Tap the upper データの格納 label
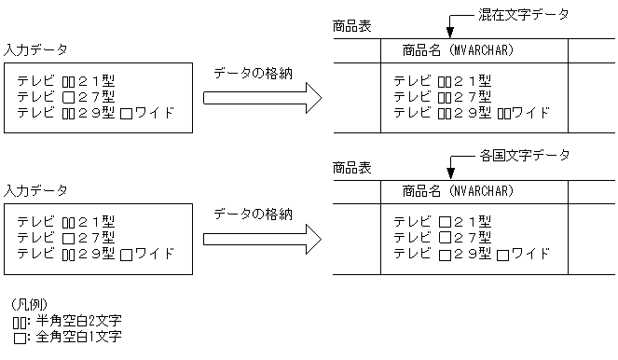click(254, 74)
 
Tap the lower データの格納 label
click(254, 215)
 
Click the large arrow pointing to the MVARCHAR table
click(262, 96)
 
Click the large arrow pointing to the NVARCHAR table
click(262, 238)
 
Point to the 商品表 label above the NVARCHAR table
click(351, 168)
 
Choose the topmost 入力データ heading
click(35, 48)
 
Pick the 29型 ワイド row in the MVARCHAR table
click(472, 113)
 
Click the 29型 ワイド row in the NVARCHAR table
click(472, 254)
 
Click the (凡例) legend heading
click(29, 305)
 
